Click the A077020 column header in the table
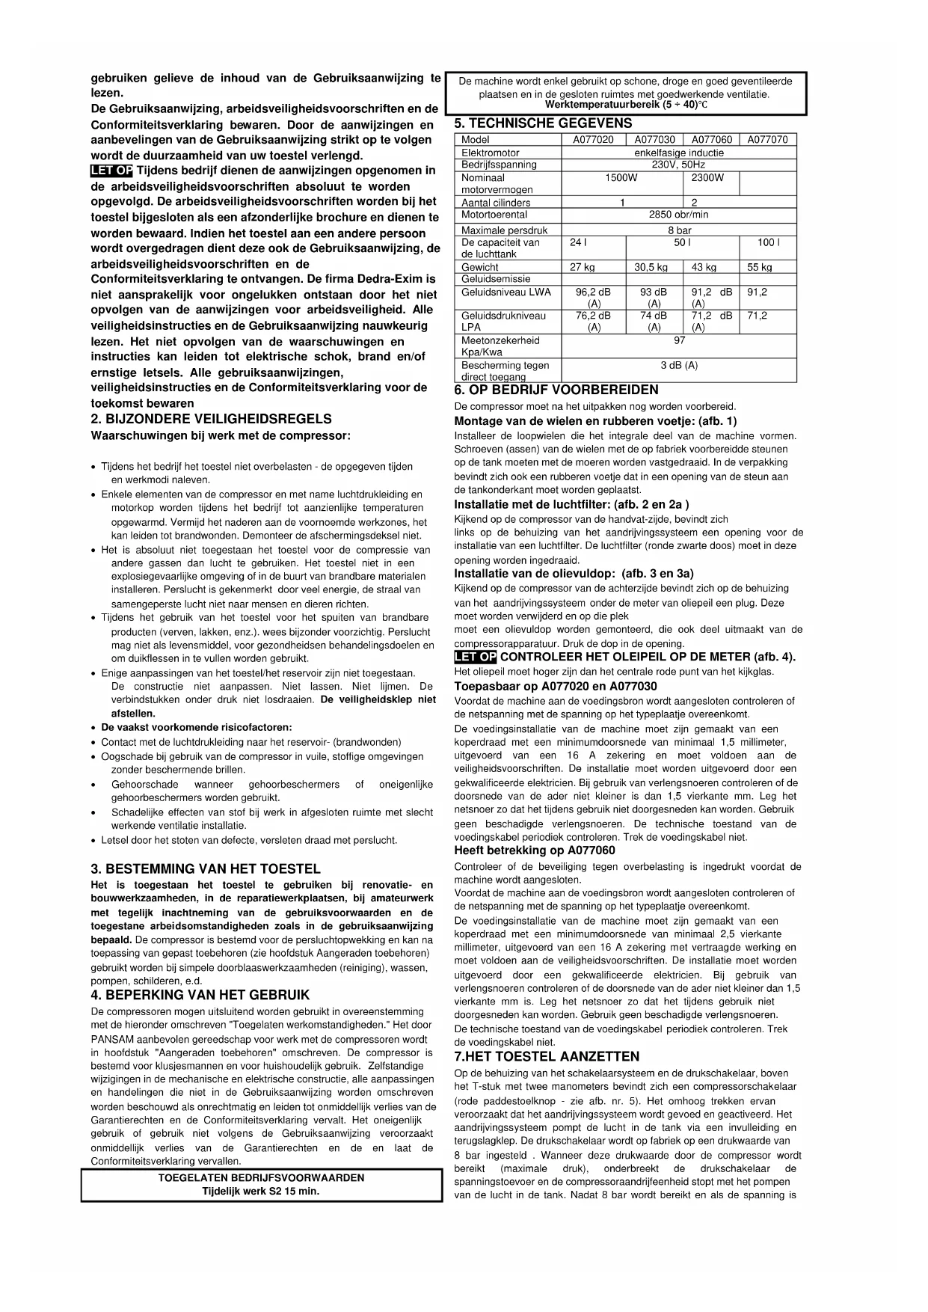(593, 140)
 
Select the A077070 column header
(767, 140)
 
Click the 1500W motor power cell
(621, 178)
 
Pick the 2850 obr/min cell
(678, 215)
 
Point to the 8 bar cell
(678, 230)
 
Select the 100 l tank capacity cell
(767, 242)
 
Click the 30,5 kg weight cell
(651, 267)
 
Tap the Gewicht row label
(480, 267)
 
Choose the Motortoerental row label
(494, 215)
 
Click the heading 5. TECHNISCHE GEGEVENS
(543, 123)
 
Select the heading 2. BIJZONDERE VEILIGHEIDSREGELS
(211, 419)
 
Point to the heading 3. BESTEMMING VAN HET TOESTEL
(206, 869)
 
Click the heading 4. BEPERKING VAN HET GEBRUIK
(200, 995)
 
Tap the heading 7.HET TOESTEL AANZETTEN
(547, 1056)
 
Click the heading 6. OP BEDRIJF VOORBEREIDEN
(556, 390)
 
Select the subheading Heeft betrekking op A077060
(535, 850)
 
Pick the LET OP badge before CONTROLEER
(475, 657)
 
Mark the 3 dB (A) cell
(678, 365)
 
